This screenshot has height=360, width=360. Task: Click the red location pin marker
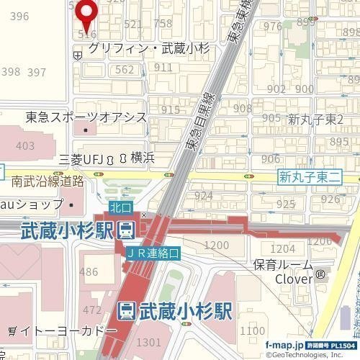pos(87,12)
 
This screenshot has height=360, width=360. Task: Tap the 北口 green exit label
pos(120,207)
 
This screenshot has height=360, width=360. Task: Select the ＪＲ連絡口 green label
pos(153,253)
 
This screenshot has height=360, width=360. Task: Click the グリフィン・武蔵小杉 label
pos(148,49)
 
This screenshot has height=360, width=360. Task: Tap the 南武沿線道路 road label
pos(48,181)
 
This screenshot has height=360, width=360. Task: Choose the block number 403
pos(24,146)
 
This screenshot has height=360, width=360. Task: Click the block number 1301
pos(148,342)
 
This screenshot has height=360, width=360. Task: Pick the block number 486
pos(89,271)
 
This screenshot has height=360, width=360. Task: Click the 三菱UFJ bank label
pos(81,158)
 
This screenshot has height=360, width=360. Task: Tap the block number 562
pos(125,70)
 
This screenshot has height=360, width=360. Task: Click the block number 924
pos(203,196)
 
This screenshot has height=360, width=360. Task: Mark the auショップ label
pos(30,206)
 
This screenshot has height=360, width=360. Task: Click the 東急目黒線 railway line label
pos(202,122)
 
